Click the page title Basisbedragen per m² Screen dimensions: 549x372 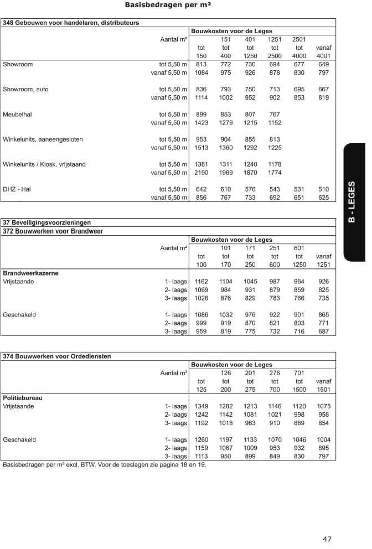pos(168,6)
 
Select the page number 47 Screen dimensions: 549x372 pos(327,538)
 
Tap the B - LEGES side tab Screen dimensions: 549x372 pos(352,202)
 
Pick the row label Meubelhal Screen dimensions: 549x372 pos(15,115)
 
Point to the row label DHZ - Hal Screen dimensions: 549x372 pos(17,189)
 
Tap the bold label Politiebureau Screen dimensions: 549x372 pos(23,398)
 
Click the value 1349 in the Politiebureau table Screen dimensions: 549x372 pos(201,406)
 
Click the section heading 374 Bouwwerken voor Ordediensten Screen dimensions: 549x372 pos(57,356)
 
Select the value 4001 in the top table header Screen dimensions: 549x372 pos(323,56)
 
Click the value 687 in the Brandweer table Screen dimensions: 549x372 pos(323,332)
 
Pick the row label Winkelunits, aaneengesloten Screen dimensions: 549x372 pos(43,139)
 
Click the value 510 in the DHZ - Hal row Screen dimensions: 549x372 pos(323,189)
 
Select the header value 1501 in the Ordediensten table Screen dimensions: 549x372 pos(323,390)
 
